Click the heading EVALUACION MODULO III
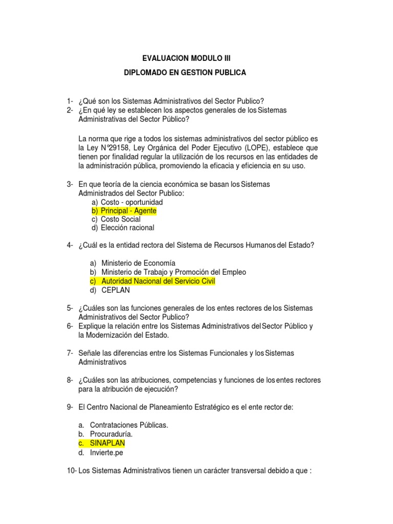click(183, 59)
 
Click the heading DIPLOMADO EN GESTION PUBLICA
click(185, 73)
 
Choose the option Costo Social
click(120, 219)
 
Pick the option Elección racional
click(127, 228)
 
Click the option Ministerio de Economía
click(138, 263)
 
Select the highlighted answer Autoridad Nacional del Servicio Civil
click(159, 281)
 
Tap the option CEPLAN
click(116, 290)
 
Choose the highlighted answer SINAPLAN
click(107, 443)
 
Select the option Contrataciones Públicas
click(129, 425)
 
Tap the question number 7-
click(70, 353)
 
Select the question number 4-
click(70, 245)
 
